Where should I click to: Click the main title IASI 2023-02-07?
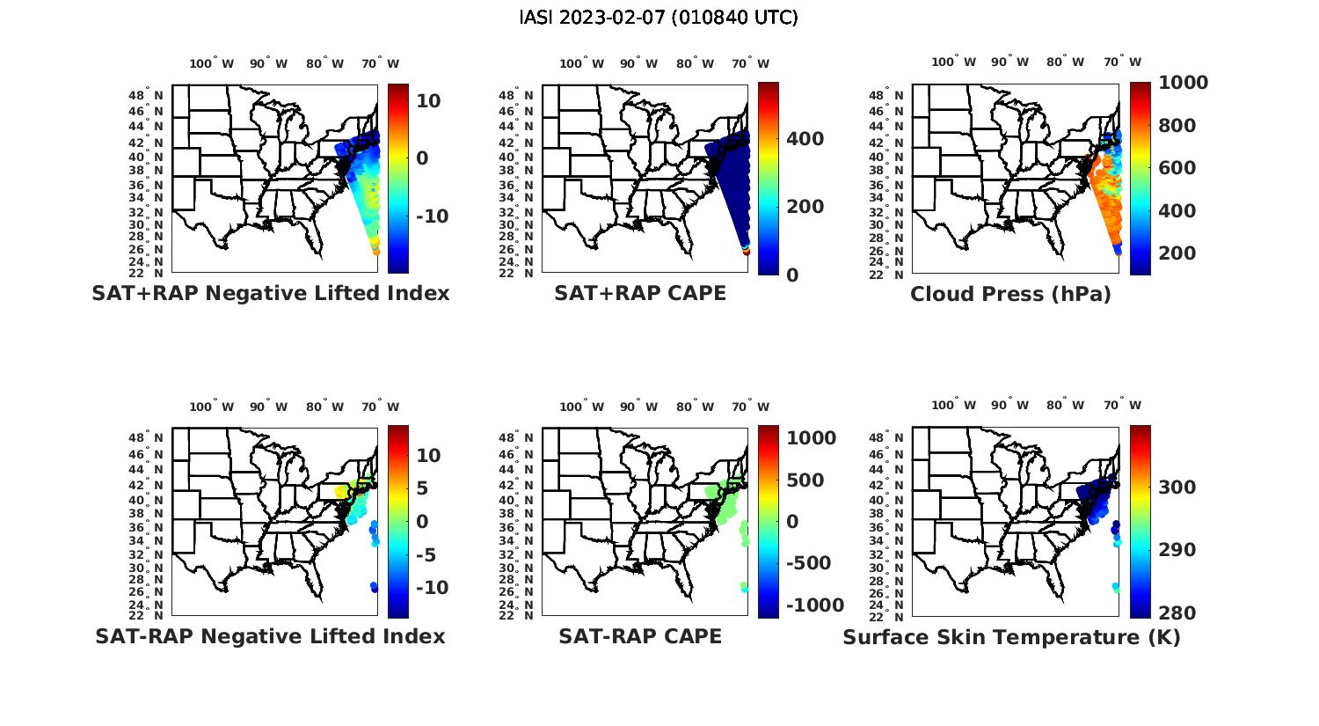(659, 18)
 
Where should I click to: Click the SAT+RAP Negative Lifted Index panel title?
(270, 293)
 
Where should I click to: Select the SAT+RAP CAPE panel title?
(640, 293)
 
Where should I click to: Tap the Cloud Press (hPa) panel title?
(1010, 294)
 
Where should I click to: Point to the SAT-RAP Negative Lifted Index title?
(270, 636)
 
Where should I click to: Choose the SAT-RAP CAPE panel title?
(640, 636)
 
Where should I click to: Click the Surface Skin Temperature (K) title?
(1011, 637)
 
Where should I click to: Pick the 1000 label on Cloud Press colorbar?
(1183, 83)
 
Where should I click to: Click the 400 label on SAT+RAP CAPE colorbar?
(805, 139)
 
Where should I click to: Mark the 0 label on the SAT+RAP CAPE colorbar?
(792, 275)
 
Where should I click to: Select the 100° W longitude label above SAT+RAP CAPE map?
(581, 63)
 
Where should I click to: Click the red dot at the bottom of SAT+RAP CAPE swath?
(747, 252)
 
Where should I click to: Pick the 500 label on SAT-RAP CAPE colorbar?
(805, 480)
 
